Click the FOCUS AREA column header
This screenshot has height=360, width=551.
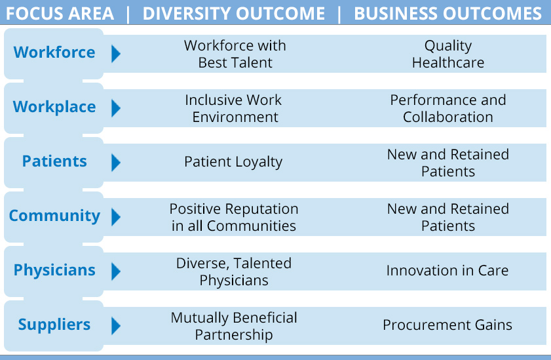tap(60, 14)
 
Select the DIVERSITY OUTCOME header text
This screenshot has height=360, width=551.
tap(234, 14)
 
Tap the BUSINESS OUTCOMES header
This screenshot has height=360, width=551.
tap(447, 14)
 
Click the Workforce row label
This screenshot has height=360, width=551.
tap(54, 52)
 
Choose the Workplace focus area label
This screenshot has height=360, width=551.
tap(54, 107)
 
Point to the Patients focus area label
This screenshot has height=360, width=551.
tap(54, 161)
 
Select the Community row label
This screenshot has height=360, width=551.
tap(54, 216)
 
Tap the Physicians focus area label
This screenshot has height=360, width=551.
tap(54, 270)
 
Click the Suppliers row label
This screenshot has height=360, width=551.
tap(54, 325)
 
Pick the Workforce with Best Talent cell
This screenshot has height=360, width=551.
tap(235, 54)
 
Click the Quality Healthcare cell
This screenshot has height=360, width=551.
tap(448, 54)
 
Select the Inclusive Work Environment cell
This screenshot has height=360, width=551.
tap(234, 108)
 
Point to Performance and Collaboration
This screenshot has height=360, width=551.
tap(448, 108)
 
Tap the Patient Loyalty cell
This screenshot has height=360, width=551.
tap(233, 162)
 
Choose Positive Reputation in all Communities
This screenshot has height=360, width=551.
tap(234, 217)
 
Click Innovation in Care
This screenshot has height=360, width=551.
tap(447, 270)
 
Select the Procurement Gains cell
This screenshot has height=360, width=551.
tap(447, 325)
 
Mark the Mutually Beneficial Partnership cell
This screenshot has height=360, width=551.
tap(234, 326)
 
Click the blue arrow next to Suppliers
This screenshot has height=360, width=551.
tap(116, 326)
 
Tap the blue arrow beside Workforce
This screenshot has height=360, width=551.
tap(116, 54)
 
